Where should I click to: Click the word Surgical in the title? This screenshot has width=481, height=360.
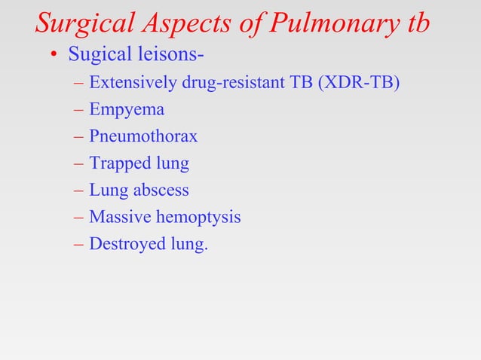(84, 23)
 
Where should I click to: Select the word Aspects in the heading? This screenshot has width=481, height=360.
(184, 23)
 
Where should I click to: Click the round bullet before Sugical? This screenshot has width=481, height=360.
(54, 56)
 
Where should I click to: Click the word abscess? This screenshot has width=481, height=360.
(161, 191)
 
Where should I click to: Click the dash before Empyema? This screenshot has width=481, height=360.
(78, 110)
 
